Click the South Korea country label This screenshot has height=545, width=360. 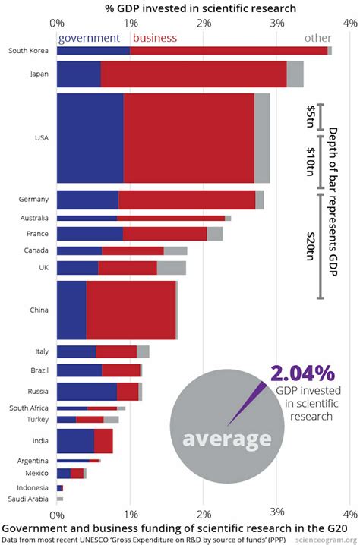pyautogui.click(x=30, y=51)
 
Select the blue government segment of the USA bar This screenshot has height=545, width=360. pyautogui.click(x=90, y=137)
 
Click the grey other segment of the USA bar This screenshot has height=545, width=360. pyautogui.click(x=262, y=137)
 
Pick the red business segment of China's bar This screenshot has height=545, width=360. pyautogui.click(x=131, y=310)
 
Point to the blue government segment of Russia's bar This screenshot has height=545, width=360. pyautogui.click(x=87, y=392)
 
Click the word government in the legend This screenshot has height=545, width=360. pyautogui.click(x=89, y=37)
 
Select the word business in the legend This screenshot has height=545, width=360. pyautogui.click(x=154, y=37)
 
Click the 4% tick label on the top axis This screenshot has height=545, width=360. pyautogui.click(x=349, y=23)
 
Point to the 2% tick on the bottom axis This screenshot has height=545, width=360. pyautogui.click(x=204, y=512)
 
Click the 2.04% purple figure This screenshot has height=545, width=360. pyautogui.click(x=302, y=373)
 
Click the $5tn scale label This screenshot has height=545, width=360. pyautogui.click(x=311, y=117)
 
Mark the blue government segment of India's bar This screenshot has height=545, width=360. pyautogui.click(x=75, y=441)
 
